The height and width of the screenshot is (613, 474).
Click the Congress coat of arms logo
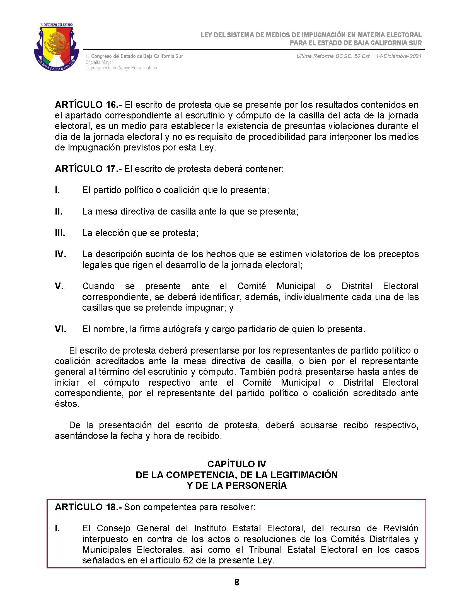(x=56, y=47)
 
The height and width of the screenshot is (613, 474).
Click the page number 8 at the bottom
(x=237, y=582)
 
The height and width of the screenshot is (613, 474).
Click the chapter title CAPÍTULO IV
(x=237, y=464)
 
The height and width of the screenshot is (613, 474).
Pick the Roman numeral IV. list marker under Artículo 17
(x=61, y=254)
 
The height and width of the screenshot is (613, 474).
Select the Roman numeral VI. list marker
(x=61, y=329)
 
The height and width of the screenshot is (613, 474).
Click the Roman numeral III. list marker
(x=60, y=233)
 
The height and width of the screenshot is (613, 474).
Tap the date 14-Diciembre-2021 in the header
(x=398, y=56)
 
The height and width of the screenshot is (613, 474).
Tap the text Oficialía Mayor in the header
(x=100, y=62)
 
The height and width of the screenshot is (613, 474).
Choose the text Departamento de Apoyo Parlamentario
(x=121, y=68)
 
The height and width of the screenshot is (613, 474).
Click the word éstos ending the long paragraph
(x=67, y=404)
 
